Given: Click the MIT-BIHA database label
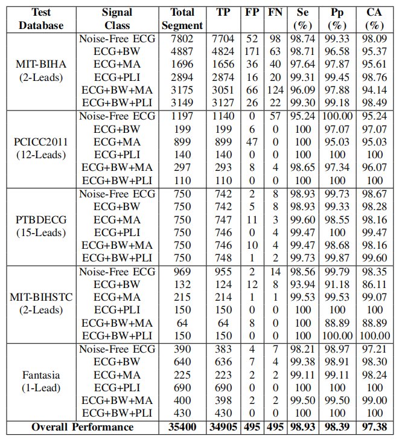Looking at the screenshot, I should [x=40, y=65].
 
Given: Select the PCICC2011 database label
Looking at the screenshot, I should [x=40, y=142].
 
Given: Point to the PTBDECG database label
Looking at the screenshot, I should [x=40, y=219].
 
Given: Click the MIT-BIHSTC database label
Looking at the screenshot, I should [x=40, y=296].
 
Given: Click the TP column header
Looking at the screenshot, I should [x=222, y=11].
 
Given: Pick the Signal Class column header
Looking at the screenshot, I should [x=116, y=18].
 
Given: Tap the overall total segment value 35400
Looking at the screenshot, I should [x=182, y=427].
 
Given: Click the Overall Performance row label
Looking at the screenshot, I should [x=83, y=427].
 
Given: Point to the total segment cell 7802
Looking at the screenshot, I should [x=182, y=39].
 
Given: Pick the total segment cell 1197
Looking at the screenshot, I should [x=182, y=116].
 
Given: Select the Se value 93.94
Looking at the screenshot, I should [x=303, y=283].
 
